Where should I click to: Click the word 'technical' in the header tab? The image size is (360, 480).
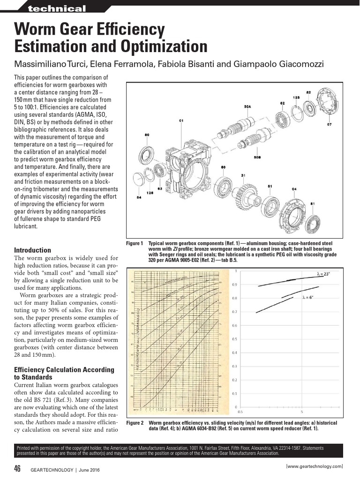coord(57,9)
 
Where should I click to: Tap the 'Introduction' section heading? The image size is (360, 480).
coord(32,250)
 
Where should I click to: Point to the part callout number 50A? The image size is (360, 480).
coord(247,107)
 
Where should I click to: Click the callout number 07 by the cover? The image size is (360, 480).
coord(329,125)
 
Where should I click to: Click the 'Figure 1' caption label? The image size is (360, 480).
coord(135,243)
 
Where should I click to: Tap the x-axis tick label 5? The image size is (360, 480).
coord(302,412)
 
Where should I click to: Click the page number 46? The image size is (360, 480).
coord(17,469)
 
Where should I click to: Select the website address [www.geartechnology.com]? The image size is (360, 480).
coord(314,466)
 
